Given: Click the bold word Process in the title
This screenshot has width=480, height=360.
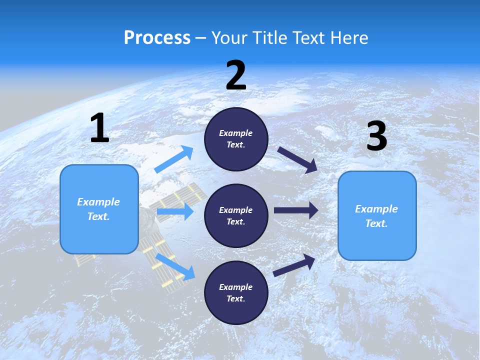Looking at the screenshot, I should (x=157, y=37).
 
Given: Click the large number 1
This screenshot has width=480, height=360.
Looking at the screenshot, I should (x=99, y=128).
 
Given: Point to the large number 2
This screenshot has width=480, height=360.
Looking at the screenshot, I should (x=236, y=75).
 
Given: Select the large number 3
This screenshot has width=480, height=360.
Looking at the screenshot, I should (x=376, y=136).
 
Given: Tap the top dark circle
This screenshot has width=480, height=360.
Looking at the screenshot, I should (x=236, y=139).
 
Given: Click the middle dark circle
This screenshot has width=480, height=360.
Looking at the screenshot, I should (x=236, y=215).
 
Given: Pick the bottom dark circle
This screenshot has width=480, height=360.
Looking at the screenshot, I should (x=236, y=292).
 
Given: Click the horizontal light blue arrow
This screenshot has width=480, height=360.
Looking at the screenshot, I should (x=175, y=212).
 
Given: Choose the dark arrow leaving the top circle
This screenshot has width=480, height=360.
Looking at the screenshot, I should (x=297, y=160).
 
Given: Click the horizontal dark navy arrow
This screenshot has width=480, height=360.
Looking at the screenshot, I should (x=296, y=210).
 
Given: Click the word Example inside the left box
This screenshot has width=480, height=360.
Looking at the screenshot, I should (x=98, y=202).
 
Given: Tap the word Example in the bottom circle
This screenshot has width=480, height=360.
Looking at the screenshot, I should (x=235, y=287).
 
